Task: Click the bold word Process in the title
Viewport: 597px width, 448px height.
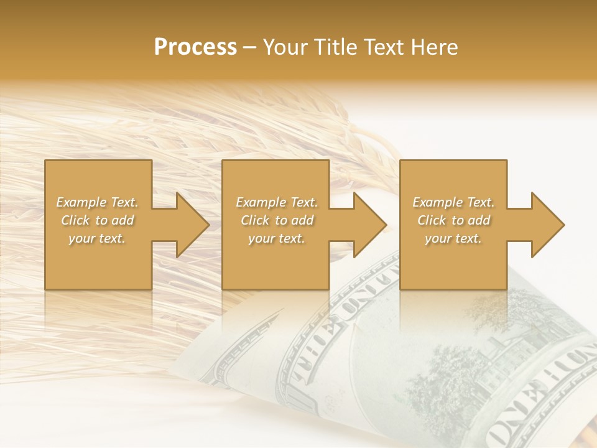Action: pos(195,47)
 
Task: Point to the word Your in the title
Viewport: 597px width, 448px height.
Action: pos(286,47)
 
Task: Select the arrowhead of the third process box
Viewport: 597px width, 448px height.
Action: pos(547,225)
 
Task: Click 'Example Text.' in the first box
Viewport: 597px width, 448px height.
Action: pos(97,202)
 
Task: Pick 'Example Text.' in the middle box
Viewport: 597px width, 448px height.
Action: pos(277,202)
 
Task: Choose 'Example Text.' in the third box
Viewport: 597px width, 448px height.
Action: pos(453,202)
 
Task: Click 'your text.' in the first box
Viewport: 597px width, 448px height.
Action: pos(97,238)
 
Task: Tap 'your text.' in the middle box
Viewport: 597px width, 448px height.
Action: pos(277,238)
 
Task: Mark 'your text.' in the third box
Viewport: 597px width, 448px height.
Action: pos(453,238)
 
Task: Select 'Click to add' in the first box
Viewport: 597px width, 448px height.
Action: pos(97,220)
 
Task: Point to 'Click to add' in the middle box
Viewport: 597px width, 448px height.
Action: pos(277,220)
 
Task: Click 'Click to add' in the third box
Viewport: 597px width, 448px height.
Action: pos(453,220)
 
